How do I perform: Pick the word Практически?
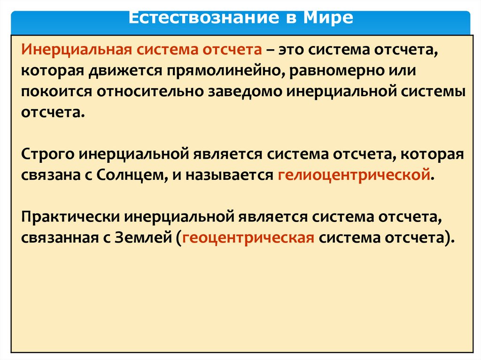pos(71,216)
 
